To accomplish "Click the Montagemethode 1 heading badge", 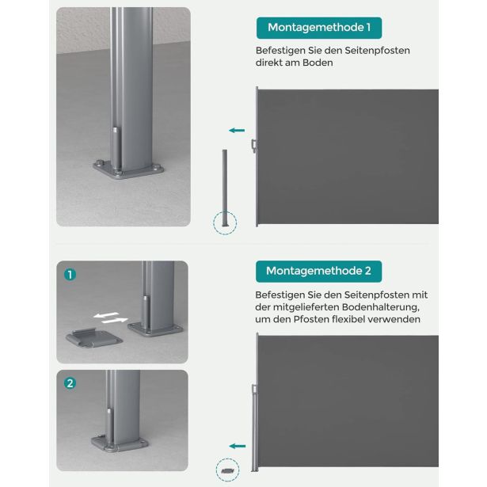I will coord(319,28).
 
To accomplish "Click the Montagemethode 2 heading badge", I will coord(318,271).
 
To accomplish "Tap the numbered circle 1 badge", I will coord(70,275).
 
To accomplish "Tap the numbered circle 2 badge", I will coord(70,383).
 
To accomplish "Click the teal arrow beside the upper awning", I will coord(236,130).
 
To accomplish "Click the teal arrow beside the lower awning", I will coord(236,446).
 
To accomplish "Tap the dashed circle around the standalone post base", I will coord(226,222).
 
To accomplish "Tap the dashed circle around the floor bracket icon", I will coord(226,470).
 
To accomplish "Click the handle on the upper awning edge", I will coord(253,144).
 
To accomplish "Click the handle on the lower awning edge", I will coord(253,389).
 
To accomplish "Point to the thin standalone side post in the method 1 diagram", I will coord(226,182).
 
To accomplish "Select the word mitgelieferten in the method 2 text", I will coord(302,306).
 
